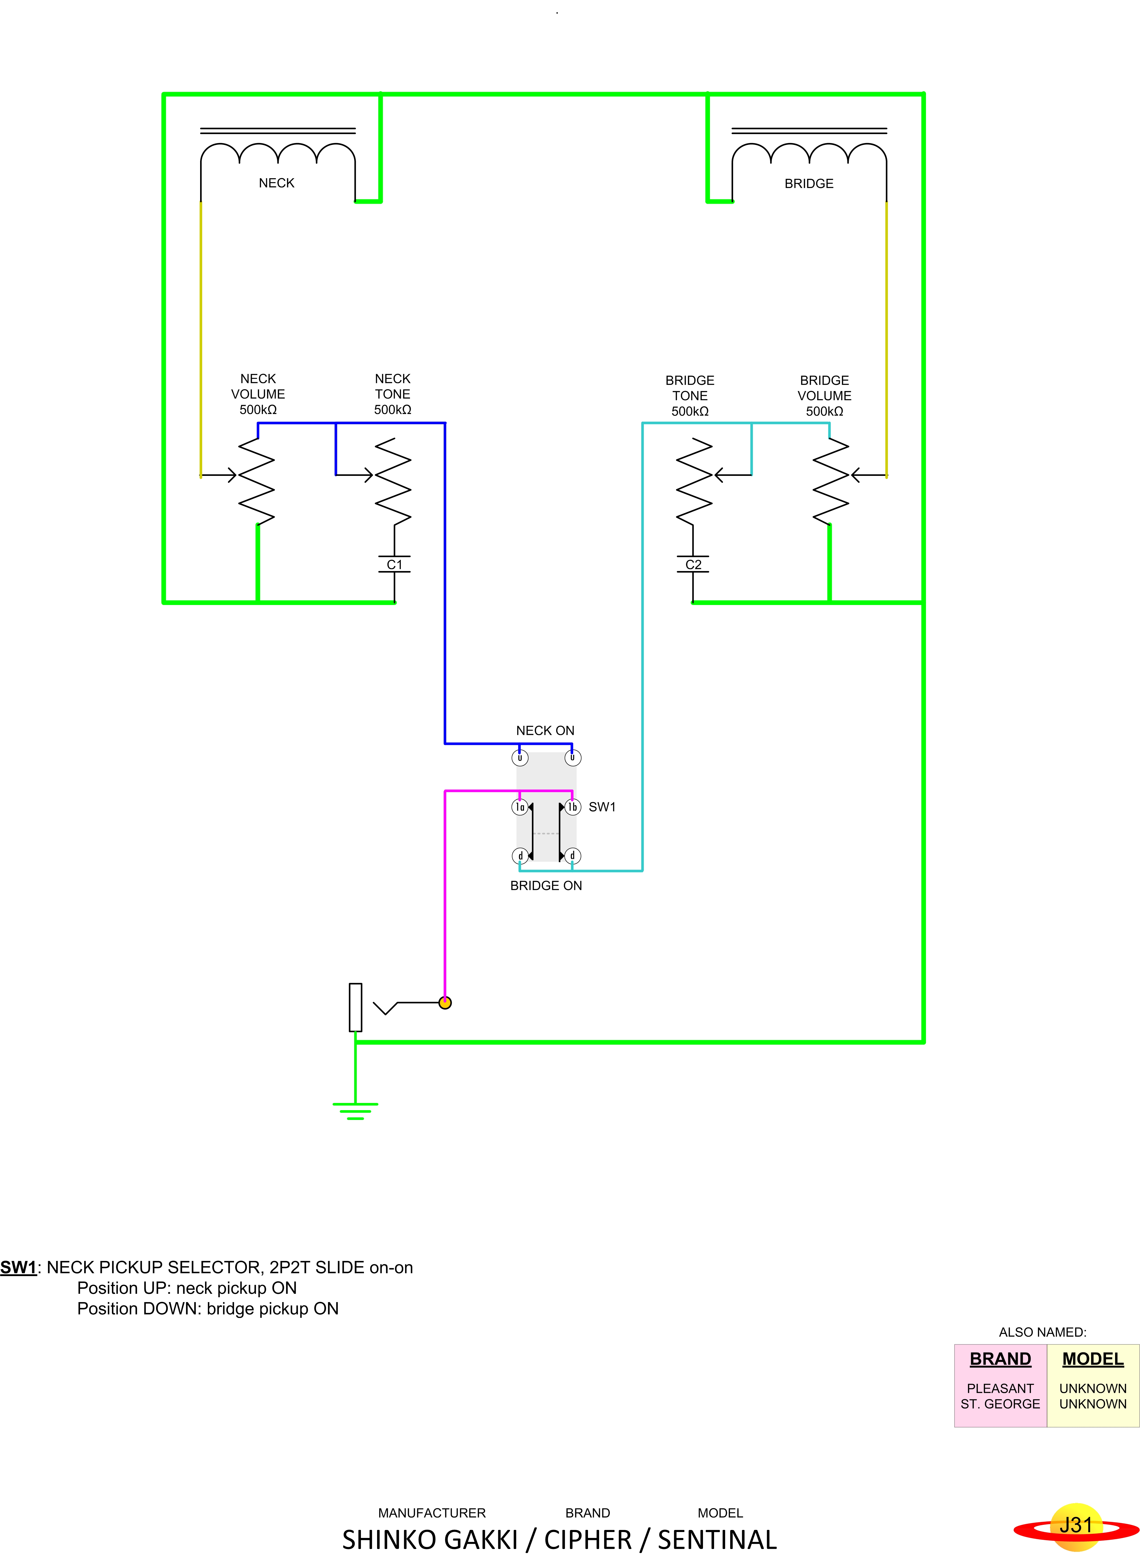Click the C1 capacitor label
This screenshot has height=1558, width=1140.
395,564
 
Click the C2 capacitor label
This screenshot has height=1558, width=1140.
693,564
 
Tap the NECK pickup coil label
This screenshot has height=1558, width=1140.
277,183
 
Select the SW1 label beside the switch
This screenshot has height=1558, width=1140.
602,807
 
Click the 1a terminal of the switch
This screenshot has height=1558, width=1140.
520,807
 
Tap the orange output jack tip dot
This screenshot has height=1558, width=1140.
445,1003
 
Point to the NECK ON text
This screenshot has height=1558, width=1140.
545,730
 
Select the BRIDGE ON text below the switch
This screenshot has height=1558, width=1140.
546,885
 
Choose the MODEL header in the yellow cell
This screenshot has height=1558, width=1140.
1093,1359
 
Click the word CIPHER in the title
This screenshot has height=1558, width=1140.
588,1539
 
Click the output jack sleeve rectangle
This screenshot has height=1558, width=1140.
355,1007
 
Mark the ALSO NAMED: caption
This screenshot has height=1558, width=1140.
1043,1332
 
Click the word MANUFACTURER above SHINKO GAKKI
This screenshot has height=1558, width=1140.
432,1512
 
